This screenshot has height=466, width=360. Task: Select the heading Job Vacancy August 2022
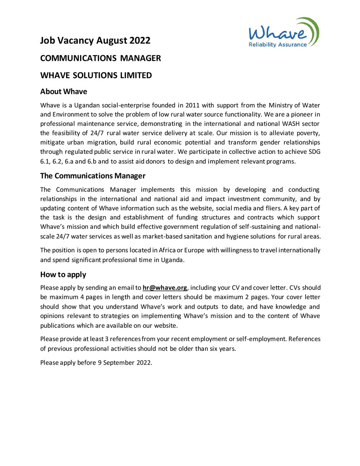click(x=95, y=40)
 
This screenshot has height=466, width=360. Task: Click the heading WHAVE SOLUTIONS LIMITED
click(x=96, y=75)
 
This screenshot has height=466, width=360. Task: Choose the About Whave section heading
click(x=64, y=92)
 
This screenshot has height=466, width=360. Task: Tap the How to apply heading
click(x=63, y=275)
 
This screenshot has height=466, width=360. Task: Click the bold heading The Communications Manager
click(x=93, y=176)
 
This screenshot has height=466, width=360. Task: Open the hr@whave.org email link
click(x=165, y=288)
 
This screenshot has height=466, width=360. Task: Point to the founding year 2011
click(x=193, y=105)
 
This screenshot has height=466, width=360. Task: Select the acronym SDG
click(x=313, y=152)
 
